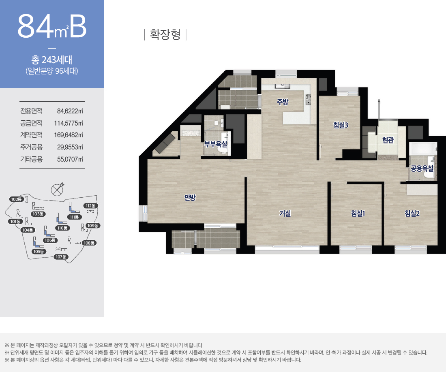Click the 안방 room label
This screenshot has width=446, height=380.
pyautogui.click(x=190, y=198)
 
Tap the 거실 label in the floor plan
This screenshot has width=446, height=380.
pyautogui.click(x=285, y=213)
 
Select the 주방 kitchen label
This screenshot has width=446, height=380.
pyautogui.click(x=283, y=102)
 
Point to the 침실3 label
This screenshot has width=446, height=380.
pyautogui.click(x=341, y=125)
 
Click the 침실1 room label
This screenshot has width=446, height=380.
pyautogui.click(x=358, y=213)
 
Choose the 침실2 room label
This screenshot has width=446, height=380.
pyautogui.click(x=412, y=213)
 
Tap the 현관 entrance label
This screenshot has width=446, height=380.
pyautogui.click(x=388, y=140)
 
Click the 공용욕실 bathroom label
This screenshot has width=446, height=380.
pyautogui.click(x=422, y=169)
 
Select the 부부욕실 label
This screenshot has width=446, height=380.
pyautogui.click(x=216, y=144)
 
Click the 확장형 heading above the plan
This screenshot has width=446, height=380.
pyautogui.click(x=165, y=34)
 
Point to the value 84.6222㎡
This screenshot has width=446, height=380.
pyautogui.click(x=70, y=111)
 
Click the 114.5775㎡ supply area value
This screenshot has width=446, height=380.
pyautogui.click(x=69, y=123)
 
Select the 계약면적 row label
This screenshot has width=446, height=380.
pyautogui.click(x=31, y=135)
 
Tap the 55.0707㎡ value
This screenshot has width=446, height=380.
pyautogui.click(x=70, y=159)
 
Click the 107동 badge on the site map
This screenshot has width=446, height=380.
pyautogui.click(x=61, y=257)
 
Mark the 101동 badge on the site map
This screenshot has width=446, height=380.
pyautogui.click(x=15, y=222)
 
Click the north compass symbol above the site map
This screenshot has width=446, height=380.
pyautogui.click(x=57, y=189)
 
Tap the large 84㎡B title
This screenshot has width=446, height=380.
pyautogui.click(x=52, y=26)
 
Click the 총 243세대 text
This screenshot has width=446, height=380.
pyautogui.click(x=52, y=60)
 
